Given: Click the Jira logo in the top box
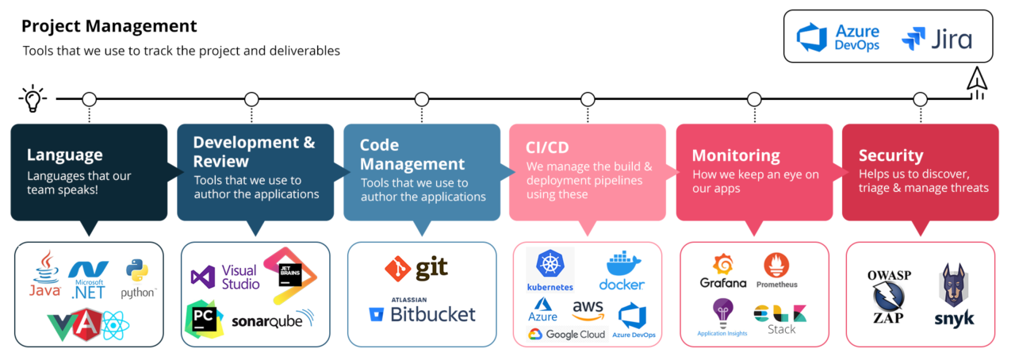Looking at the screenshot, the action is tap(936, 39).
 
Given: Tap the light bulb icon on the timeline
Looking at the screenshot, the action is tap(33, 98).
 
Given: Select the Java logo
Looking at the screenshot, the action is tap(45, 274).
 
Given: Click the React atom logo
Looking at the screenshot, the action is tap(116, 325).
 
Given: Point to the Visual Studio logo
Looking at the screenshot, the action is tap(225, 277).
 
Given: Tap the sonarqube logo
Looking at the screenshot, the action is tap(272, 320).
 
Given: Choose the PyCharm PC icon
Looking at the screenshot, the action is tap(204, 320).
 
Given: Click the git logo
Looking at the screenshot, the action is tap(416, 268).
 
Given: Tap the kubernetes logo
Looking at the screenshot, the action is tap(550, 270).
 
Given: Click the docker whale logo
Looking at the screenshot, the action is tap(622, 270).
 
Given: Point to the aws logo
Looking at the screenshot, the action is tap(588, 310).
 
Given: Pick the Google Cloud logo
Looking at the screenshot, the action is tap(566, 334).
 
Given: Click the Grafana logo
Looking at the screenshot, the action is tap(723, 271).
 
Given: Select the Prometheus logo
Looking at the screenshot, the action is tap(776, 270).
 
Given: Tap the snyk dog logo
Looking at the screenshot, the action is tap(954, 295).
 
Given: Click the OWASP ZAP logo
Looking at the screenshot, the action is tap(889, 297).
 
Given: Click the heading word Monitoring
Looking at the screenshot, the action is tap(736, 155).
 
